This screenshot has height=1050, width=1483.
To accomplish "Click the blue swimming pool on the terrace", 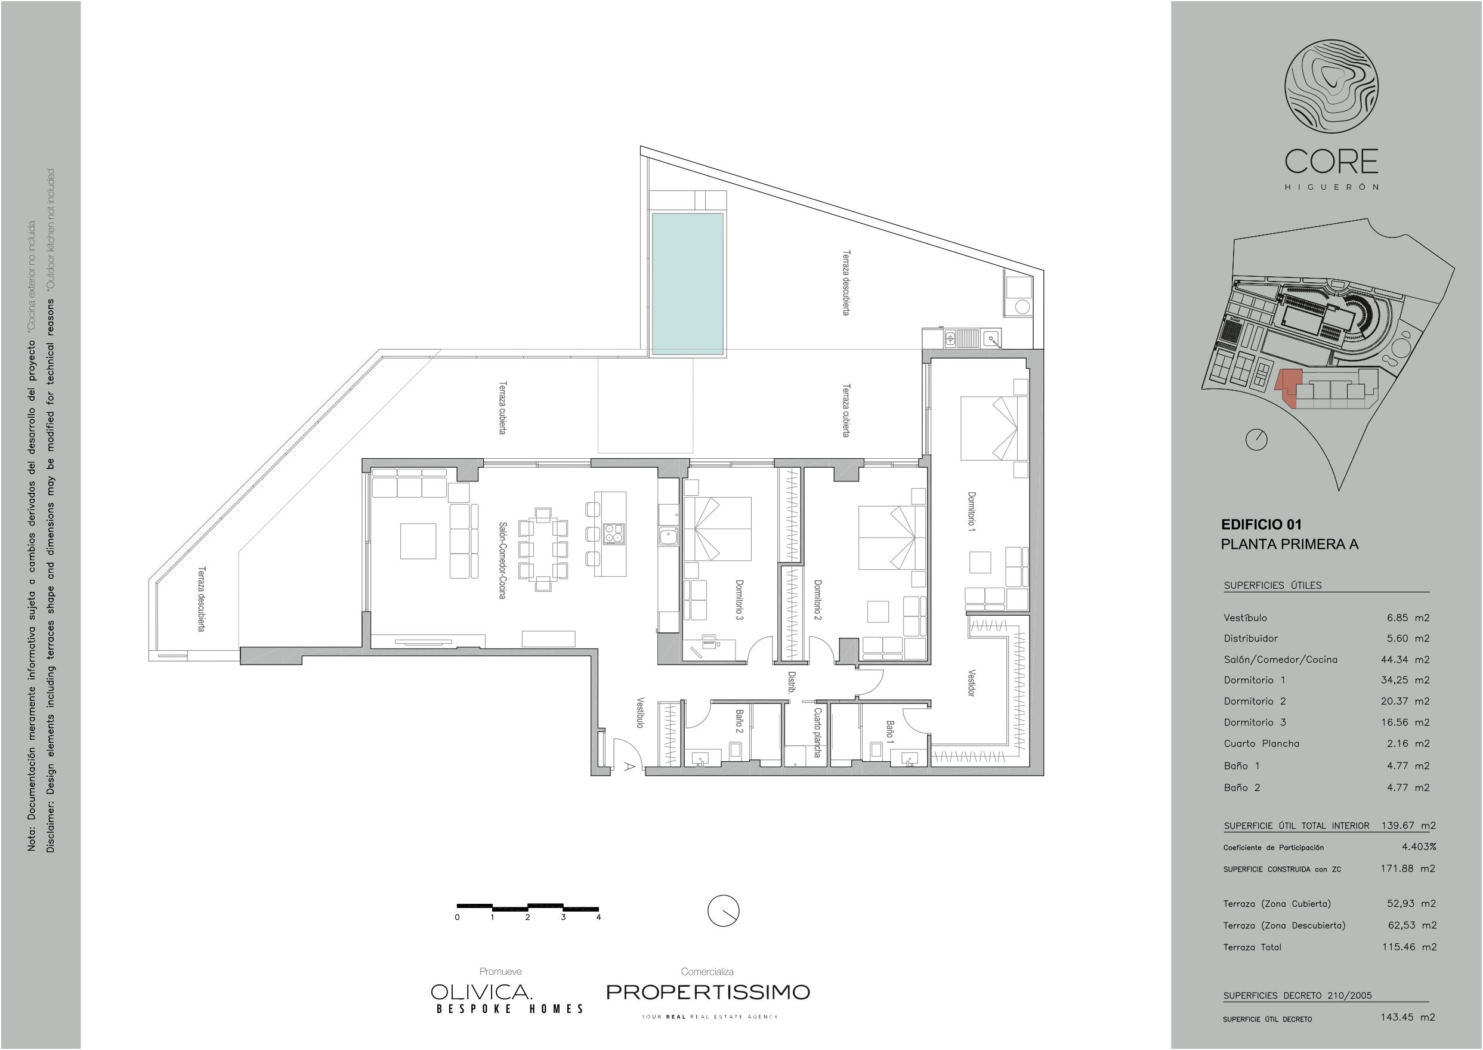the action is (x=687, y=283).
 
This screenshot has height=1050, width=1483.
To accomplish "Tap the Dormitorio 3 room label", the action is (x=740, y=600).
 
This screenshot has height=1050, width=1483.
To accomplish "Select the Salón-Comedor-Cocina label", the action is (x=502, y=560).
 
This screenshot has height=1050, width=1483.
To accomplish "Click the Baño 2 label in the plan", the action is (x=739, y=721).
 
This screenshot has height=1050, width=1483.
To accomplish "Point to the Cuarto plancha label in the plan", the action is (x=817, y=733).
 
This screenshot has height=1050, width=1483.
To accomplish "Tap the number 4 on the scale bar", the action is (x=599, y=917).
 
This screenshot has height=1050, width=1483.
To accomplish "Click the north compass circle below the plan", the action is (x=724, y=911).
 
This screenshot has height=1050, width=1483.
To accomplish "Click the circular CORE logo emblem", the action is (x=1331, y=87).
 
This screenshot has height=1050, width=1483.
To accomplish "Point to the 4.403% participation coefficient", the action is (x=1419, y=847).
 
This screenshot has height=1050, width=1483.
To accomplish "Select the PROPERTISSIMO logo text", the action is (x=708, y=992).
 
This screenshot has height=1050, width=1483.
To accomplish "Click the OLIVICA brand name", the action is (x=481, y=992).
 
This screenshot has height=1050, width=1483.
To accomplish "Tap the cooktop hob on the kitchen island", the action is (x=614, y=533).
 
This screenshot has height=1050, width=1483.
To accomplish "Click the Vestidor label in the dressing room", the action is (x=971, y=682).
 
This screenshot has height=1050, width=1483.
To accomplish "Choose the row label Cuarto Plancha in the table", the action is (x=1261, y=743).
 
